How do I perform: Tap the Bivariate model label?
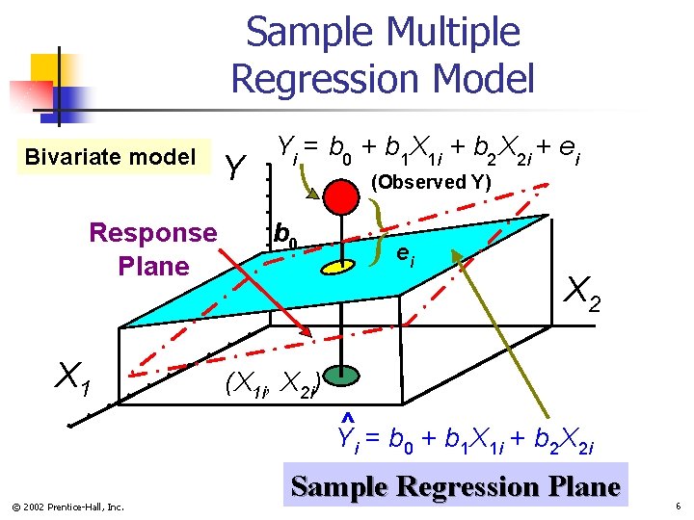pos(110,156)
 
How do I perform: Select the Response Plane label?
pos(152,248)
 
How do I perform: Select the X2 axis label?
pos(584,294)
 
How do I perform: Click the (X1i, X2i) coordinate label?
pos(271,386)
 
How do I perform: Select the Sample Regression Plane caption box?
pos(455,486)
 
